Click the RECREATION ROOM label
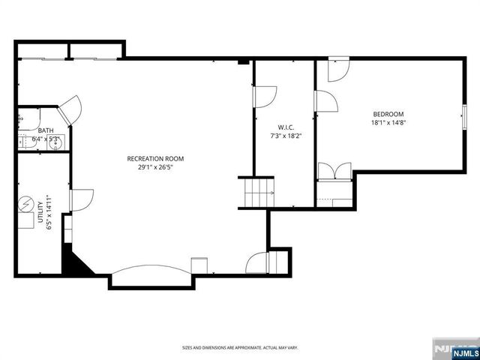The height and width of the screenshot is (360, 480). pos(155,158)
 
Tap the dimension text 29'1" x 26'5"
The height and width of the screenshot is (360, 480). pos(155,168)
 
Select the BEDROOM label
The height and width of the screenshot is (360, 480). pos(388,114)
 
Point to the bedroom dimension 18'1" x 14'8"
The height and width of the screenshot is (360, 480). pos(388,123)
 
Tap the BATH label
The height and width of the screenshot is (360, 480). pos(46,130)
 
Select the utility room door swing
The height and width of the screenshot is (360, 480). pos(81,199)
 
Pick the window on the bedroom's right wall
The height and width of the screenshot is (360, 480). pos(463,118)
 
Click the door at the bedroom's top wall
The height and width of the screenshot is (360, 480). pos(338,67)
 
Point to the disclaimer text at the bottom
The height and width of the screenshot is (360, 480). pos(239,348)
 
